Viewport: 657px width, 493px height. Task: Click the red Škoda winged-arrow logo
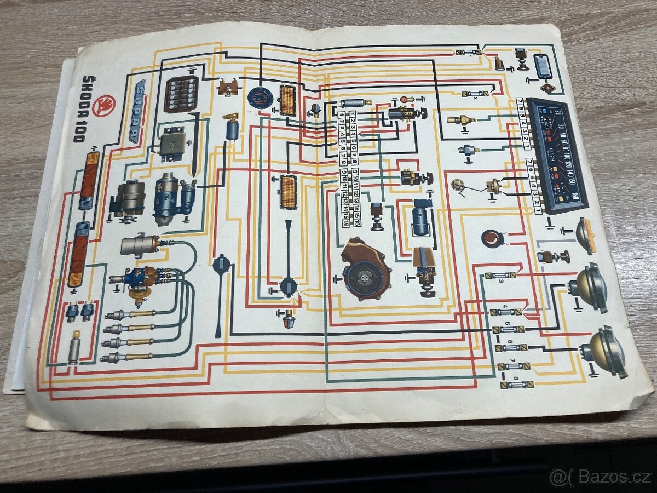[105, 105]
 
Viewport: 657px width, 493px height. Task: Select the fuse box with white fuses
[181, 94]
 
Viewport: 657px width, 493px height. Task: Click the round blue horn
[258, 98]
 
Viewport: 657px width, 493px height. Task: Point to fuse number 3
[500, 275]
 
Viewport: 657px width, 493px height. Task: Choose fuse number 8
[515, 385]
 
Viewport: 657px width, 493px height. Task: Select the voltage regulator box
[172, 145]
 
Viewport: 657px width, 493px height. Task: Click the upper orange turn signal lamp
[288, 100]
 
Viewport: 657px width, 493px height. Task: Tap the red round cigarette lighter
[493, 238]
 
